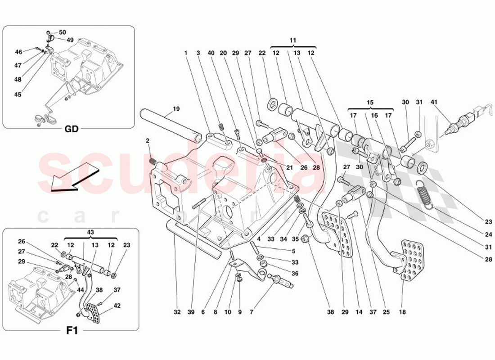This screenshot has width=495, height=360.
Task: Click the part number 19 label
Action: (x=176, y=108)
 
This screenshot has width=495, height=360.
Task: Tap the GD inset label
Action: (x=72, y=129)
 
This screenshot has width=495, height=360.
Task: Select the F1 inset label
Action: (x=72, y=331)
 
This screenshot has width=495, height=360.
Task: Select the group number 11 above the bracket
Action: (x=293, y=40)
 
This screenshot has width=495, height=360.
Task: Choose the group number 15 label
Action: (x=371, y=103)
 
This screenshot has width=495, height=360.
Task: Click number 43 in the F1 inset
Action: (x=90, y=232)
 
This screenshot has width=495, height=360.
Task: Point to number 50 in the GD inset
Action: (x=62, y=32)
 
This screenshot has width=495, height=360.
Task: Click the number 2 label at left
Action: (x=148, y=141)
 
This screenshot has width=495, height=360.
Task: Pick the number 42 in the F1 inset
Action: (x=117, y=306)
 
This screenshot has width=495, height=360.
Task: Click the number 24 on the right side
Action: (x=489, y=234)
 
